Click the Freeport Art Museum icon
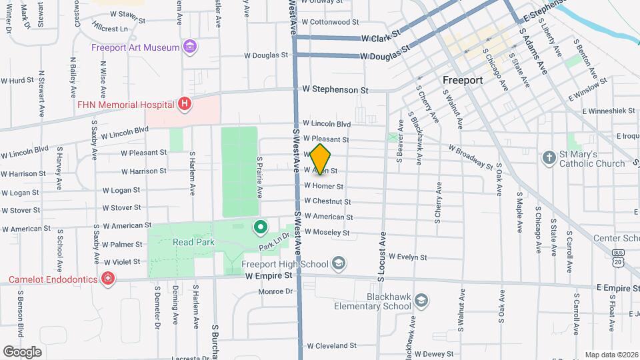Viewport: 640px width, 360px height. pyautogui.click(x=191, y=47)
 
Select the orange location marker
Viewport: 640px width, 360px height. pyautogui.click(x=321, y=159)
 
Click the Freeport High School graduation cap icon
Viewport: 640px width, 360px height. pyautogui.click(x=339, y=263)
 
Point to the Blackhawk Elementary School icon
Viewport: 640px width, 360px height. pyautogui.click(x=421, y=301)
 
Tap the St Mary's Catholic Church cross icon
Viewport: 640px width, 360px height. pyautogui.click(x=549, y=158)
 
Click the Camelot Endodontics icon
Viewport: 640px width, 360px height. pyautogui.click(x=107, y=279)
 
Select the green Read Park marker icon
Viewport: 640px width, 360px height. pyautogui.click(x=259, y=227)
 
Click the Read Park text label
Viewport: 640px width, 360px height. pyautogui.click(x=193, y=242)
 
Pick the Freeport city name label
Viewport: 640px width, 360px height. pyautogui.click(x=463, y=80)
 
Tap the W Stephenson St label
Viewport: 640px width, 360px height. pyautogui.click(x=335, y=89)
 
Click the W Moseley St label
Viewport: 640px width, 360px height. pyautogui.click(x=327, y=232)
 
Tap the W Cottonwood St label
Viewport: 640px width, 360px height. pyautogui.click(x=331, y=22)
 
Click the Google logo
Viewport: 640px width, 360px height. pyautogui.click(x=23, y=351)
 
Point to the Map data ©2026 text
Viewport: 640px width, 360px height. pyautogui.click(x=611, y=355)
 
